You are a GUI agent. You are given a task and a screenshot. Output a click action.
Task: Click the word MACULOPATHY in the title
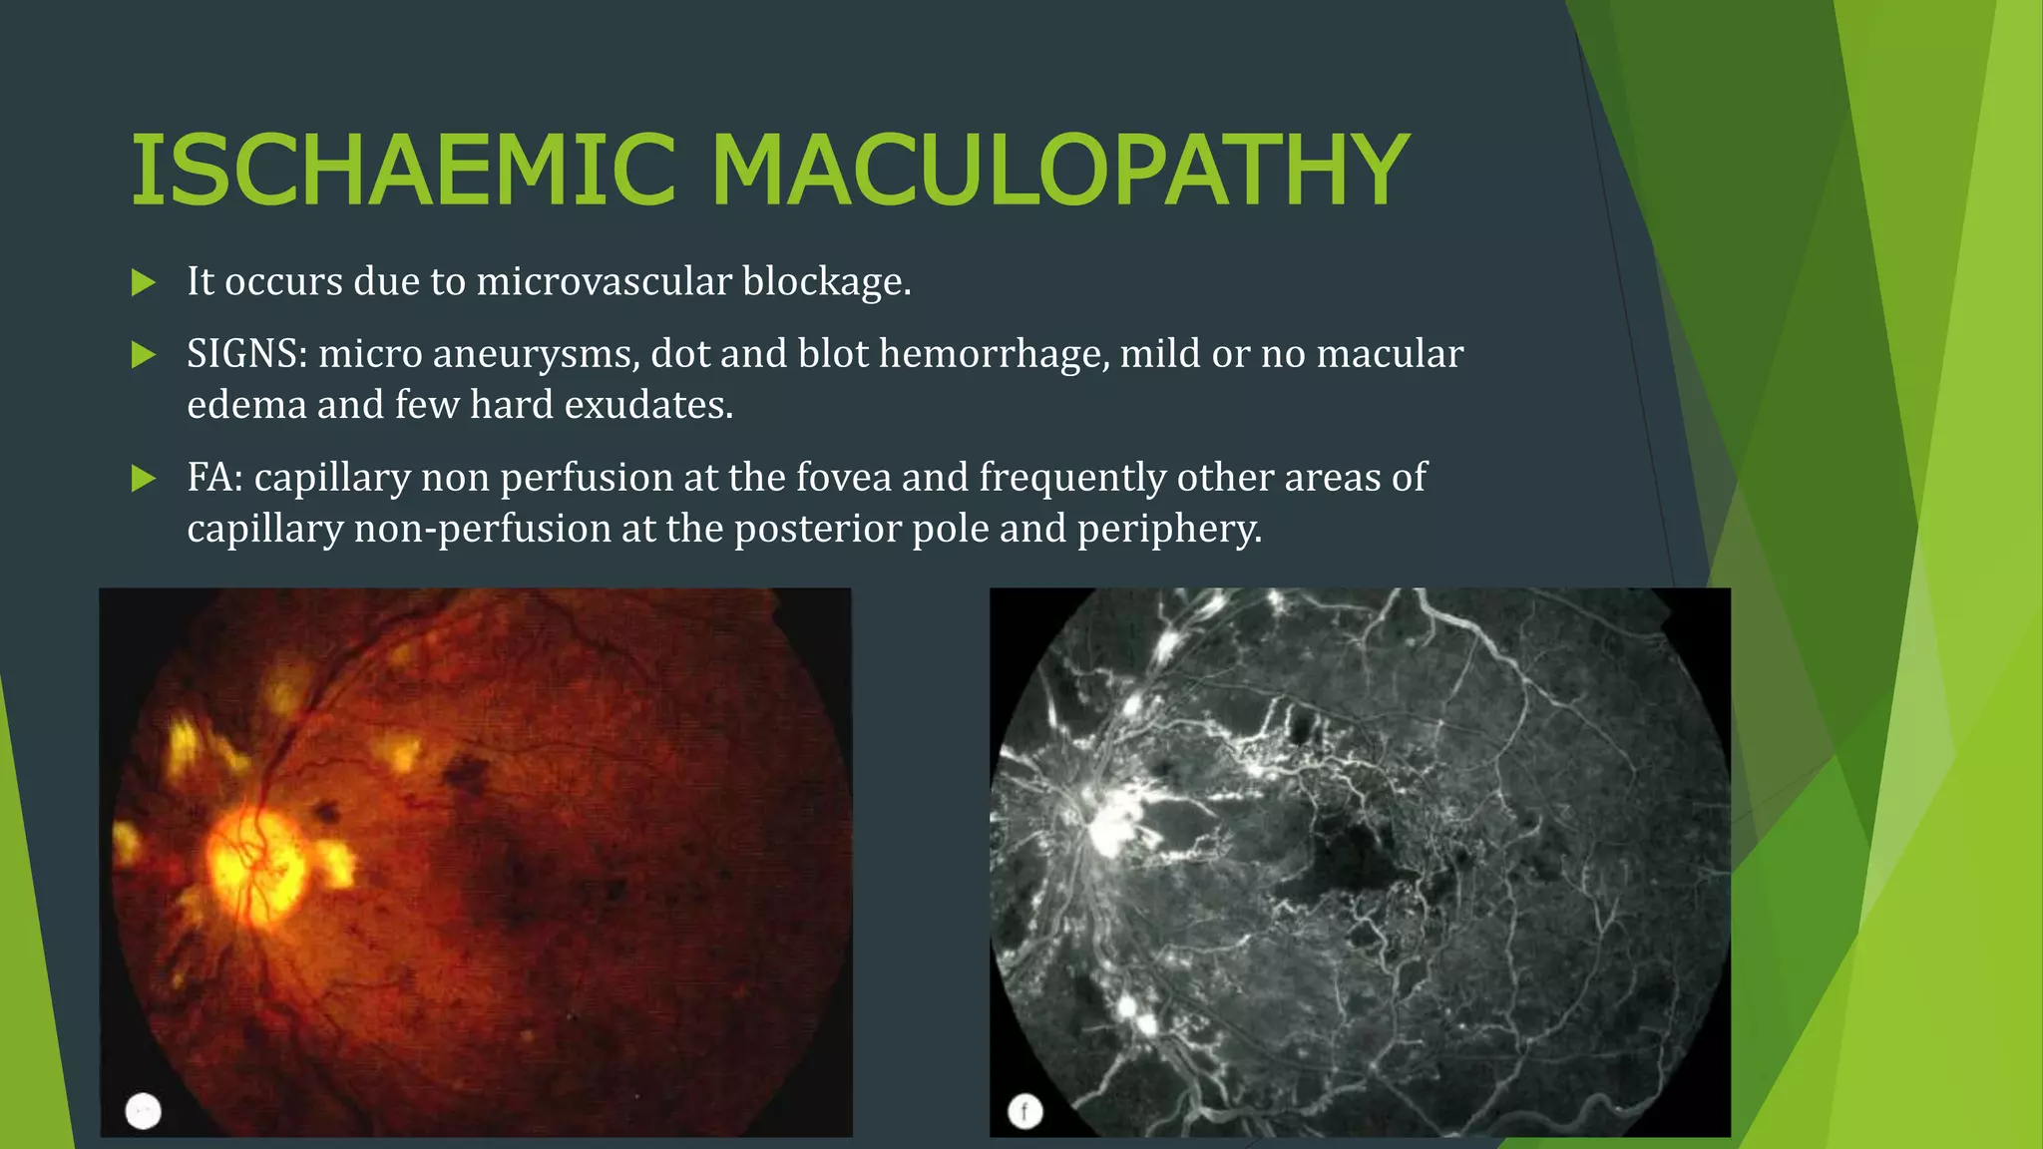click(x=1059, y=171)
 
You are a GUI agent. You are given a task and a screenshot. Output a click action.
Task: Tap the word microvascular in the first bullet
click(x=604, y=282)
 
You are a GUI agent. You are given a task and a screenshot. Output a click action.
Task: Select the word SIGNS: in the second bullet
click(x=246, y=354)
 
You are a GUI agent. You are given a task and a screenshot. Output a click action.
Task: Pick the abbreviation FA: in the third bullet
click(x=214, y=478)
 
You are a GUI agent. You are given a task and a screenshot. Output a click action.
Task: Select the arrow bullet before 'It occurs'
click(x=144, y=283)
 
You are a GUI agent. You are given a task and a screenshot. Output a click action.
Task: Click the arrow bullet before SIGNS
click(x=144, y=355)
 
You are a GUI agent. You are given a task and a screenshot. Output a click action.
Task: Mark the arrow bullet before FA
click(x=144, y=479)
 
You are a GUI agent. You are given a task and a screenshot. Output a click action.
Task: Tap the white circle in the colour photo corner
click(x=144, y=1110)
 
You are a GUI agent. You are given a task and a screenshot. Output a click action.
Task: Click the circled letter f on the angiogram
click(x=1024, y=1111)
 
